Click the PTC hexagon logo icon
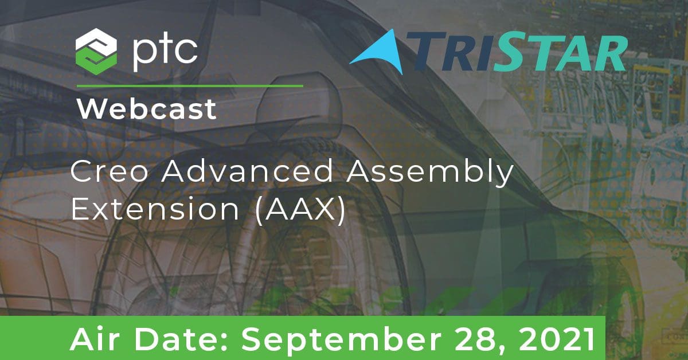(x=96, y=52)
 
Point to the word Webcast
(x=147, y=109)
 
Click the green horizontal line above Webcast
(x=190, y=86)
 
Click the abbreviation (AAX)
(x=300, y=210)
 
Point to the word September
(x=342, y=341)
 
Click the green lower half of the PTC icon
(x=96, y=63)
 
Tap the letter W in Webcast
(x=91, y=109)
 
